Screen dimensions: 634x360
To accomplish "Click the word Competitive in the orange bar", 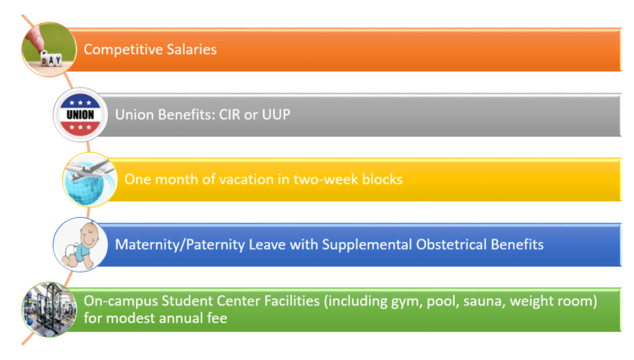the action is pos(123,50).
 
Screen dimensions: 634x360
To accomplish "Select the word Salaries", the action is pos(192,50).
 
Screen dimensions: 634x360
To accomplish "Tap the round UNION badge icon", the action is pos(80,115).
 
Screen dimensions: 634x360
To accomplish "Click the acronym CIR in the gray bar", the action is pos(229,115).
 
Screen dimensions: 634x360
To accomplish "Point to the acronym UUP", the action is pos(277,115).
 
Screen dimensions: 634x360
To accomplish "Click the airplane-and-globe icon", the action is pos(90,180).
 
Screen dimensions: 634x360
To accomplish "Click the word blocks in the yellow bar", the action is pos(382,179).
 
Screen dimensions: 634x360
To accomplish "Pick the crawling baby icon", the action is pos(80,244).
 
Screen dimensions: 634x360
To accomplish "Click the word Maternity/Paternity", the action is pos(180,244).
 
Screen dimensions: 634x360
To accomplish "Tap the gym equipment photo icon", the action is pos(49,310).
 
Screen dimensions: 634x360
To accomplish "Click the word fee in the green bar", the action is pos(217,319).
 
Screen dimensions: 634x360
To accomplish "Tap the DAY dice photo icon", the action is pos(49,50).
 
